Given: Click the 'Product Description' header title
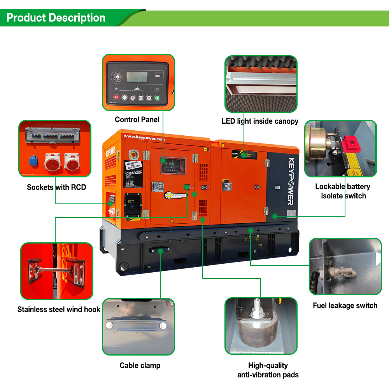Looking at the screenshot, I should tap(56, 18).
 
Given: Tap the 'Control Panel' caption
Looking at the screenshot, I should tap(137, 119).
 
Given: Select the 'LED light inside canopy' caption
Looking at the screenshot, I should tap(260, 121).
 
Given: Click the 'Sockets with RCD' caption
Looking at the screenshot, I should tap(56, 187).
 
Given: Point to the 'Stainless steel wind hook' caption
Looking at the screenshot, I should tap(59, 310).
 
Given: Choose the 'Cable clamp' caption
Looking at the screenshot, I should tap(140, 365).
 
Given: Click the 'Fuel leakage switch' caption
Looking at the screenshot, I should tap(345, 305).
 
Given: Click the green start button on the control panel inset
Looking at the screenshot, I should tap(157, 98).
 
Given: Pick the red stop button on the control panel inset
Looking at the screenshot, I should tap(116, 97).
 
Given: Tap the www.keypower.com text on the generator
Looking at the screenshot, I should tap(144, 138).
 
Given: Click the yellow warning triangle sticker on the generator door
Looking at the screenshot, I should tap(171, 221).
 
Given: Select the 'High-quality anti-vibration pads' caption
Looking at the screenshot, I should tap(268, 370).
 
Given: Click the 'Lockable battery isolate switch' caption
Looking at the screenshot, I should tap(343, 191).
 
